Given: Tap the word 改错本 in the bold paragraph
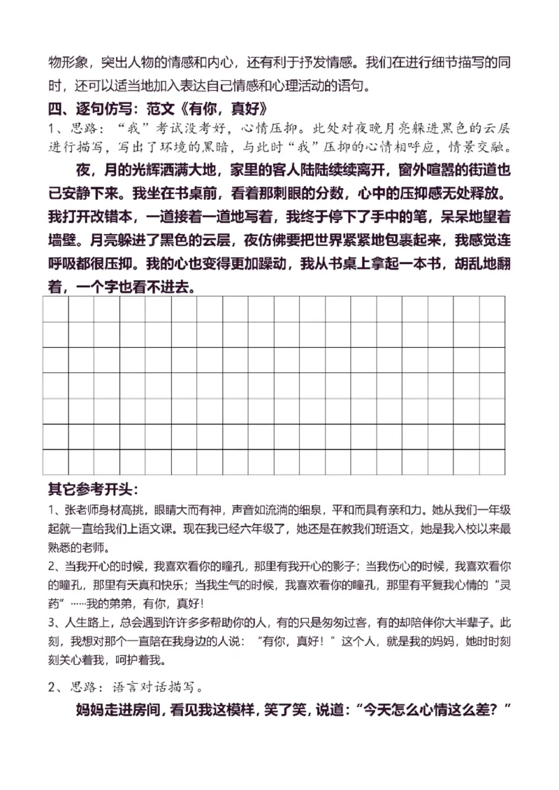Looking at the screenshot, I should tap(138, 215).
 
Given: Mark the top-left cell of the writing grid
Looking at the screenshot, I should tap(55, 309).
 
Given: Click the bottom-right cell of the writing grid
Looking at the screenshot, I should tap(491, 462).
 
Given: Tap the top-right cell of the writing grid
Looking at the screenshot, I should tap(491, 309).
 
